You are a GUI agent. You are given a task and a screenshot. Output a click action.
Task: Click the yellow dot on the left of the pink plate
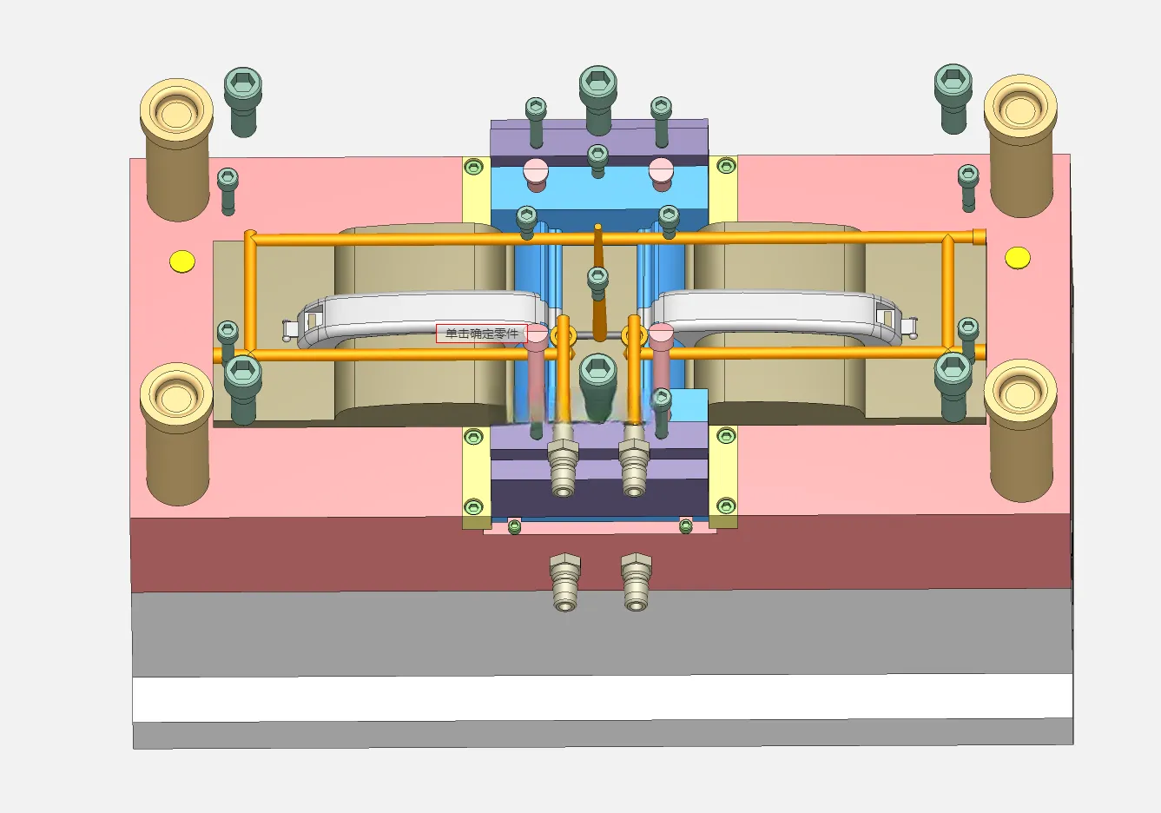(182, 261)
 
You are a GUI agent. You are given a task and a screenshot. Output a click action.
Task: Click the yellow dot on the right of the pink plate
(1018, 258)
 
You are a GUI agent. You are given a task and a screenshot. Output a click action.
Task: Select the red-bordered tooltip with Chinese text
(481, 334)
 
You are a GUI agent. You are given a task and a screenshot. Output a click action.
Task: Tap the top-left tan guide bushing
(177, 150)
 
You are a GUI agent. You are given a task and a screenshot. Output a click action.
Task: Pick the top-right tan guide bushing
(1020, 146)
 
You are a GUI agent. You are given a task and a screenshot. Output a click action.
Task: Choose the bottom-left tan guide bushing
(177, 434)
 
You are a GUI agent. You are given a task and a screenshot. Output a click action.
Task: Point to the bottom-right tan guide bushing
(1020, 431)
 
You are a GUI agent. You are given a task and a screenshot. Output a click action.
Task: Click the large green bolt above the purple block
(597, 100)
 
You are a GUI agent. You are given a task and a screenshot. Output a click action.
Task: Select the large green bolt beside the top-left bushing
(243, 102)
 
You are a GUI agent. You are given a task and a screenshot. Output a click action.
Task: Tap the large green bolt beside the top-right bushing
(953, 98)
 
